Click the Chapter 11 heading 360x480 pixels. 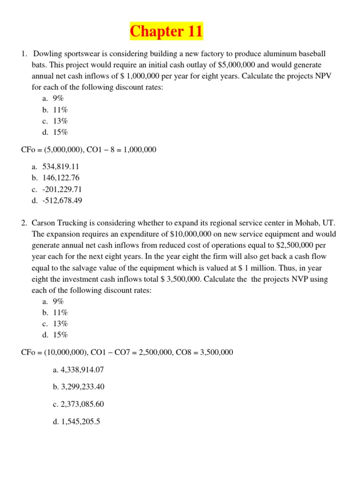[166, 31]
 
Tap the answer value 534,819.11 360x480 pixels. [61, 166]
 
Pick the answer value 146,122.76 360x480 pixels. [61, 178]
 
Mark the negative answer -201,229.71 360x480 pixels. [62, 189]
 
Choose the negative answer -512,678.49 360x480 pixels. [62, 201]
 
